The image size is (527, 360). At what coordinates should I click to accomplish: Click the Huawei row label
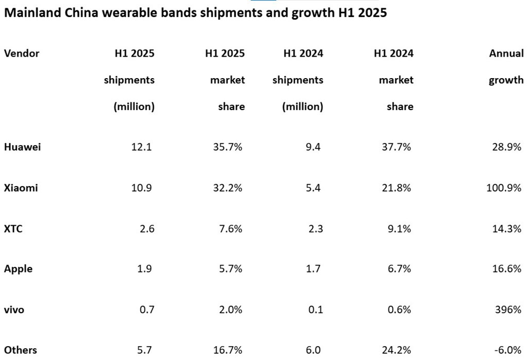tap(22, 147)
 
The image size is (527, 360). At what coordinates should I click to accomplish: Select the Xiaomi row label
tap(21, 188)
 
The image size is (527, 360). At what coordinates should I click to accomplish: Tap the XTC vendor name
tap(13, 228)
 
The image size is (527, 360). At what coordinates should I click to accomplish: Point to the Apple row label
tap(18, 269)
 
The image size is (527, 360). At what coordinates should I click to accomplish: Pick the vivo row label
tap(14, 310)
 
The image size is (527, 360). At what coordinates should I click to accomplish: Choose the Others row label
tap(21, 350)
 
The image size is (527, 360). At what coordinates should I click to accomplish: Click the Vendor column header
tap(22, 53)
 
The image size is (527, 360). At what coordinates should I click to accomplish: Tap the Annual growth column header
tap(506, 66)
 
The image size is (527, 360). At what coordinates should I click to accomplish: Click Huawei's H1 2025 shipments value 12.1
tap(142, 147)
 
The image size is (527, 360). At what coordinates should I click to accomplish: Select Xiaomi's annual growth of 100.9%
tap(504, 188)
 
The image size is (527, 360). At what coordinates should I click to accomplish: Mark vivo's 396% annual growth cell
tap(508, 310)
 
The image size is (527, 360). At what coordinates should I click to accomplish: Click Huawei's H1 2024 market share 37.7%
tap(397, 147)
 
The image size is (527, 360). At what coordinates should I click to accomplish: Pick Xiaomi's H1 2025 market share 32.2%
tap(227, 188)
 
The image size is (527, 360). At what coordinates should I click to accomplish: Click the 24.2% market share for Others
tap(397, 350)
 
